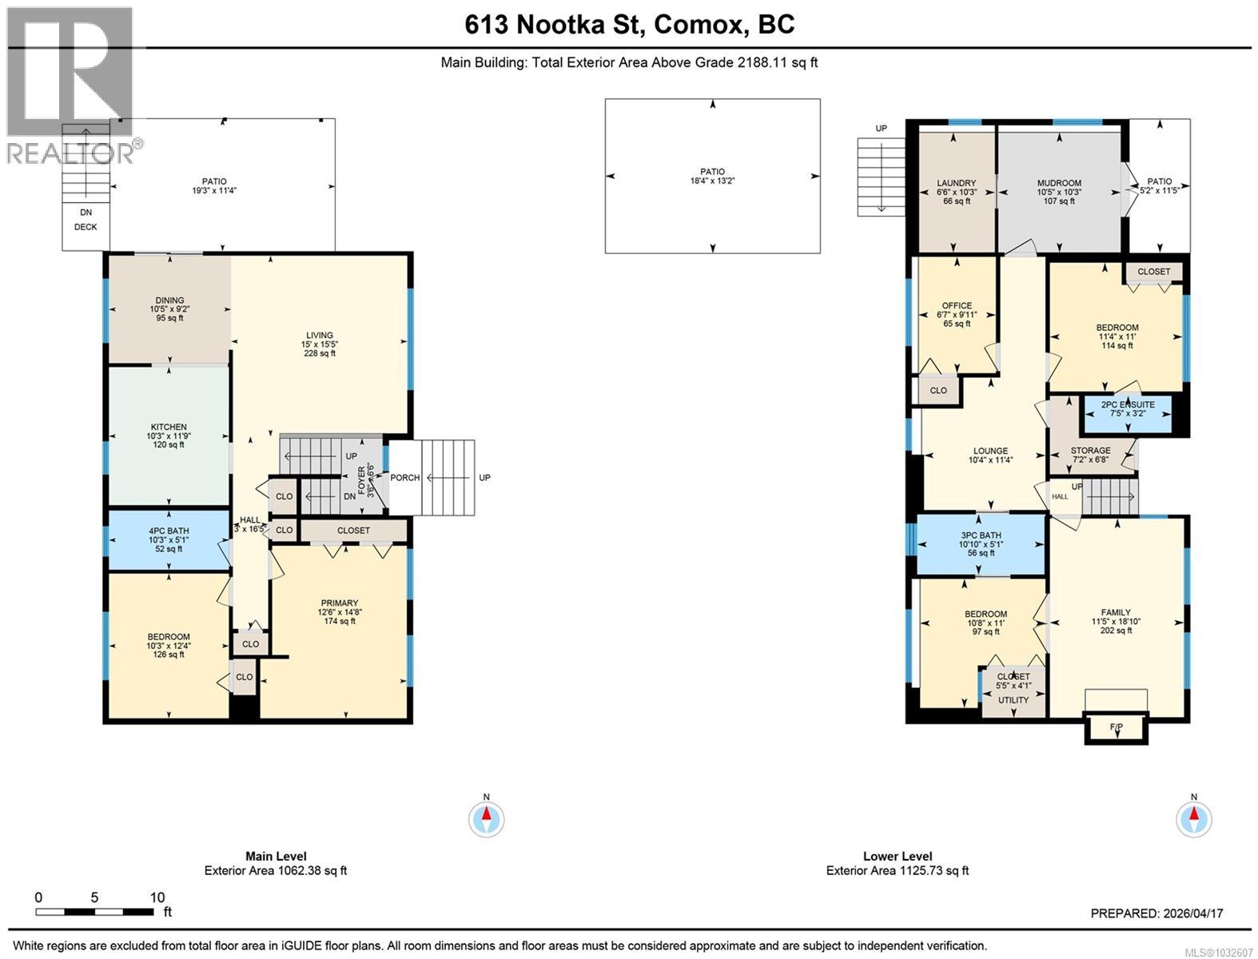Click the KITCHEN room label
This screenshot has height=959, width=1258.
169,427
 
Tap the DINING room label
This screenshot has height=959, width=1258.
169,300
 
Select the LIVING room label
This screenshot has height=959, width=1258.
319,335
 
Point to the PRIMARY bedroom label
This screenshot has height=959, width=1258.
340,603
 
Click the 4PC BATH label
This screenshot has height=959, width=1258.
169,531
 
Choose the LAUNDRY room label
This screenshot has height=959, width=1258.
956,183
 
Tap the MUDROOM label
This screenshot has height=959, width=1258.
1059,183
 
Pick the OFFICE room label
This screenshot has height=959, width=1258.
957,306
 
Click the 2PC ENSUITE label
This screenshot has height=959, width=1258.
1128,404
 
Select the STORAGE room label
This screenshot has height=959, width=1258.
1090,450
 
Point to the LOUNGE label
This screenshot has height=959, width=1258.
990,451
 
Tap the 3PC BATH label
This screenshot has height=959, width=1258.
981,535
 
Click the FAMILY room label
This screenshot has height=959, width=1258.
1115,612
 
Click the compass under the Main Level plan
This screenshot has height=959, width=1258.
486,819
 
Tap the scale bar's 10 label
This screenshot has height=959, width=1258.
157,897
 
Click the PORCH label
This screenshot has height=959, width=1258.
404,478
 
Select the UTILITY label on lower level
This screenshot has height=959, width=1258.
1013,700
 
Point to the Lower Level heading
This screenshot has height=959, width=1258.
898,857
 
